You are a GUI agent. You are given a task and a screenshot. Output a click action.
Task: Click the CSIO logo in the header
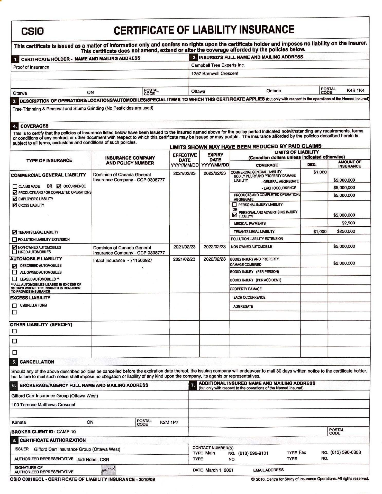(x=32, y=31)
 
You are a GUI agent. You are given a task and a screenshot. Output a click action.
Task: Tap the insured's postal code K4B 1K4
(x=355, y=90)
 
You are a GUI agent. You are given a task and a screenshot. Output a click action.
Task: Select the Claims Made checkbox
(x=15, y=187)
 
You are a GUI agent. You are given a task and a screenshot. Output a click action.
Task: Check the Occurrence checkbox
(x=59, y=186)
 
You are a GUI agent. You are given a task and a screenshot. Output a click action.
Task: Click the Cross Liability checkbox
(x=15, y=205)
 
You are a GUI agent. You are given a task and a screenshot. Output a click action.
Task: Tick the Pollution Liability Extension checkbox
(x=15, y=240)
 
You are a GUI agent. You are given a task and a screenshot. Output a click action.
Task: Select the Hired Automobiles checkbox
(x=15, y=252)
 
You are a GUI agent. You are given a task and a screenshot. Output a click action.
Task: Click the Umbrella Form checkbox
(x=15, y=306)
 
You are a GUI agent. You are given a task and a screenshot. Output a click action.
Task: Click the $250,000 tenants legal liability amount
(x=346, y=231)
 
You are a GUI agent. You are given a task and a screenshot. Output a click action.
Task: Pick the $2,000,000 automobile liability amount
(x=344, y=263)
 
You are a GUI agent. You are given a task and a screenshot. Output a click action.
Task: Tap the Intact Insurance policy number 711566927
(x=141, y=260)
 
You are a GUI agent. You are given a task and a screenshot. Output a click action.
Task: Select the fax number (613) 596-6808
(x=345, y=452)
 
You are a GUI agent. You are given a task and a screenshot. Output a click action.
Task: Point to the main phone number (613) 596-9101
(x=253, y=453)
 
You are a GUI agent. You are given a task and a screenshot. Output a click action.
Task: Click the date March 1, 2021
(x=219, y=470)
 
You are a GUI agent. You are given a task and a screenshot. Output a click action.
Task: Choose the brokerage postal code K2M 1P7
(x=169, y=422)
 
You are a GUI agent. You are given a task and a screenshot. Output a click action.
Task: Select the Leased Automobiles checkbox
(x=15, y=279)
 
